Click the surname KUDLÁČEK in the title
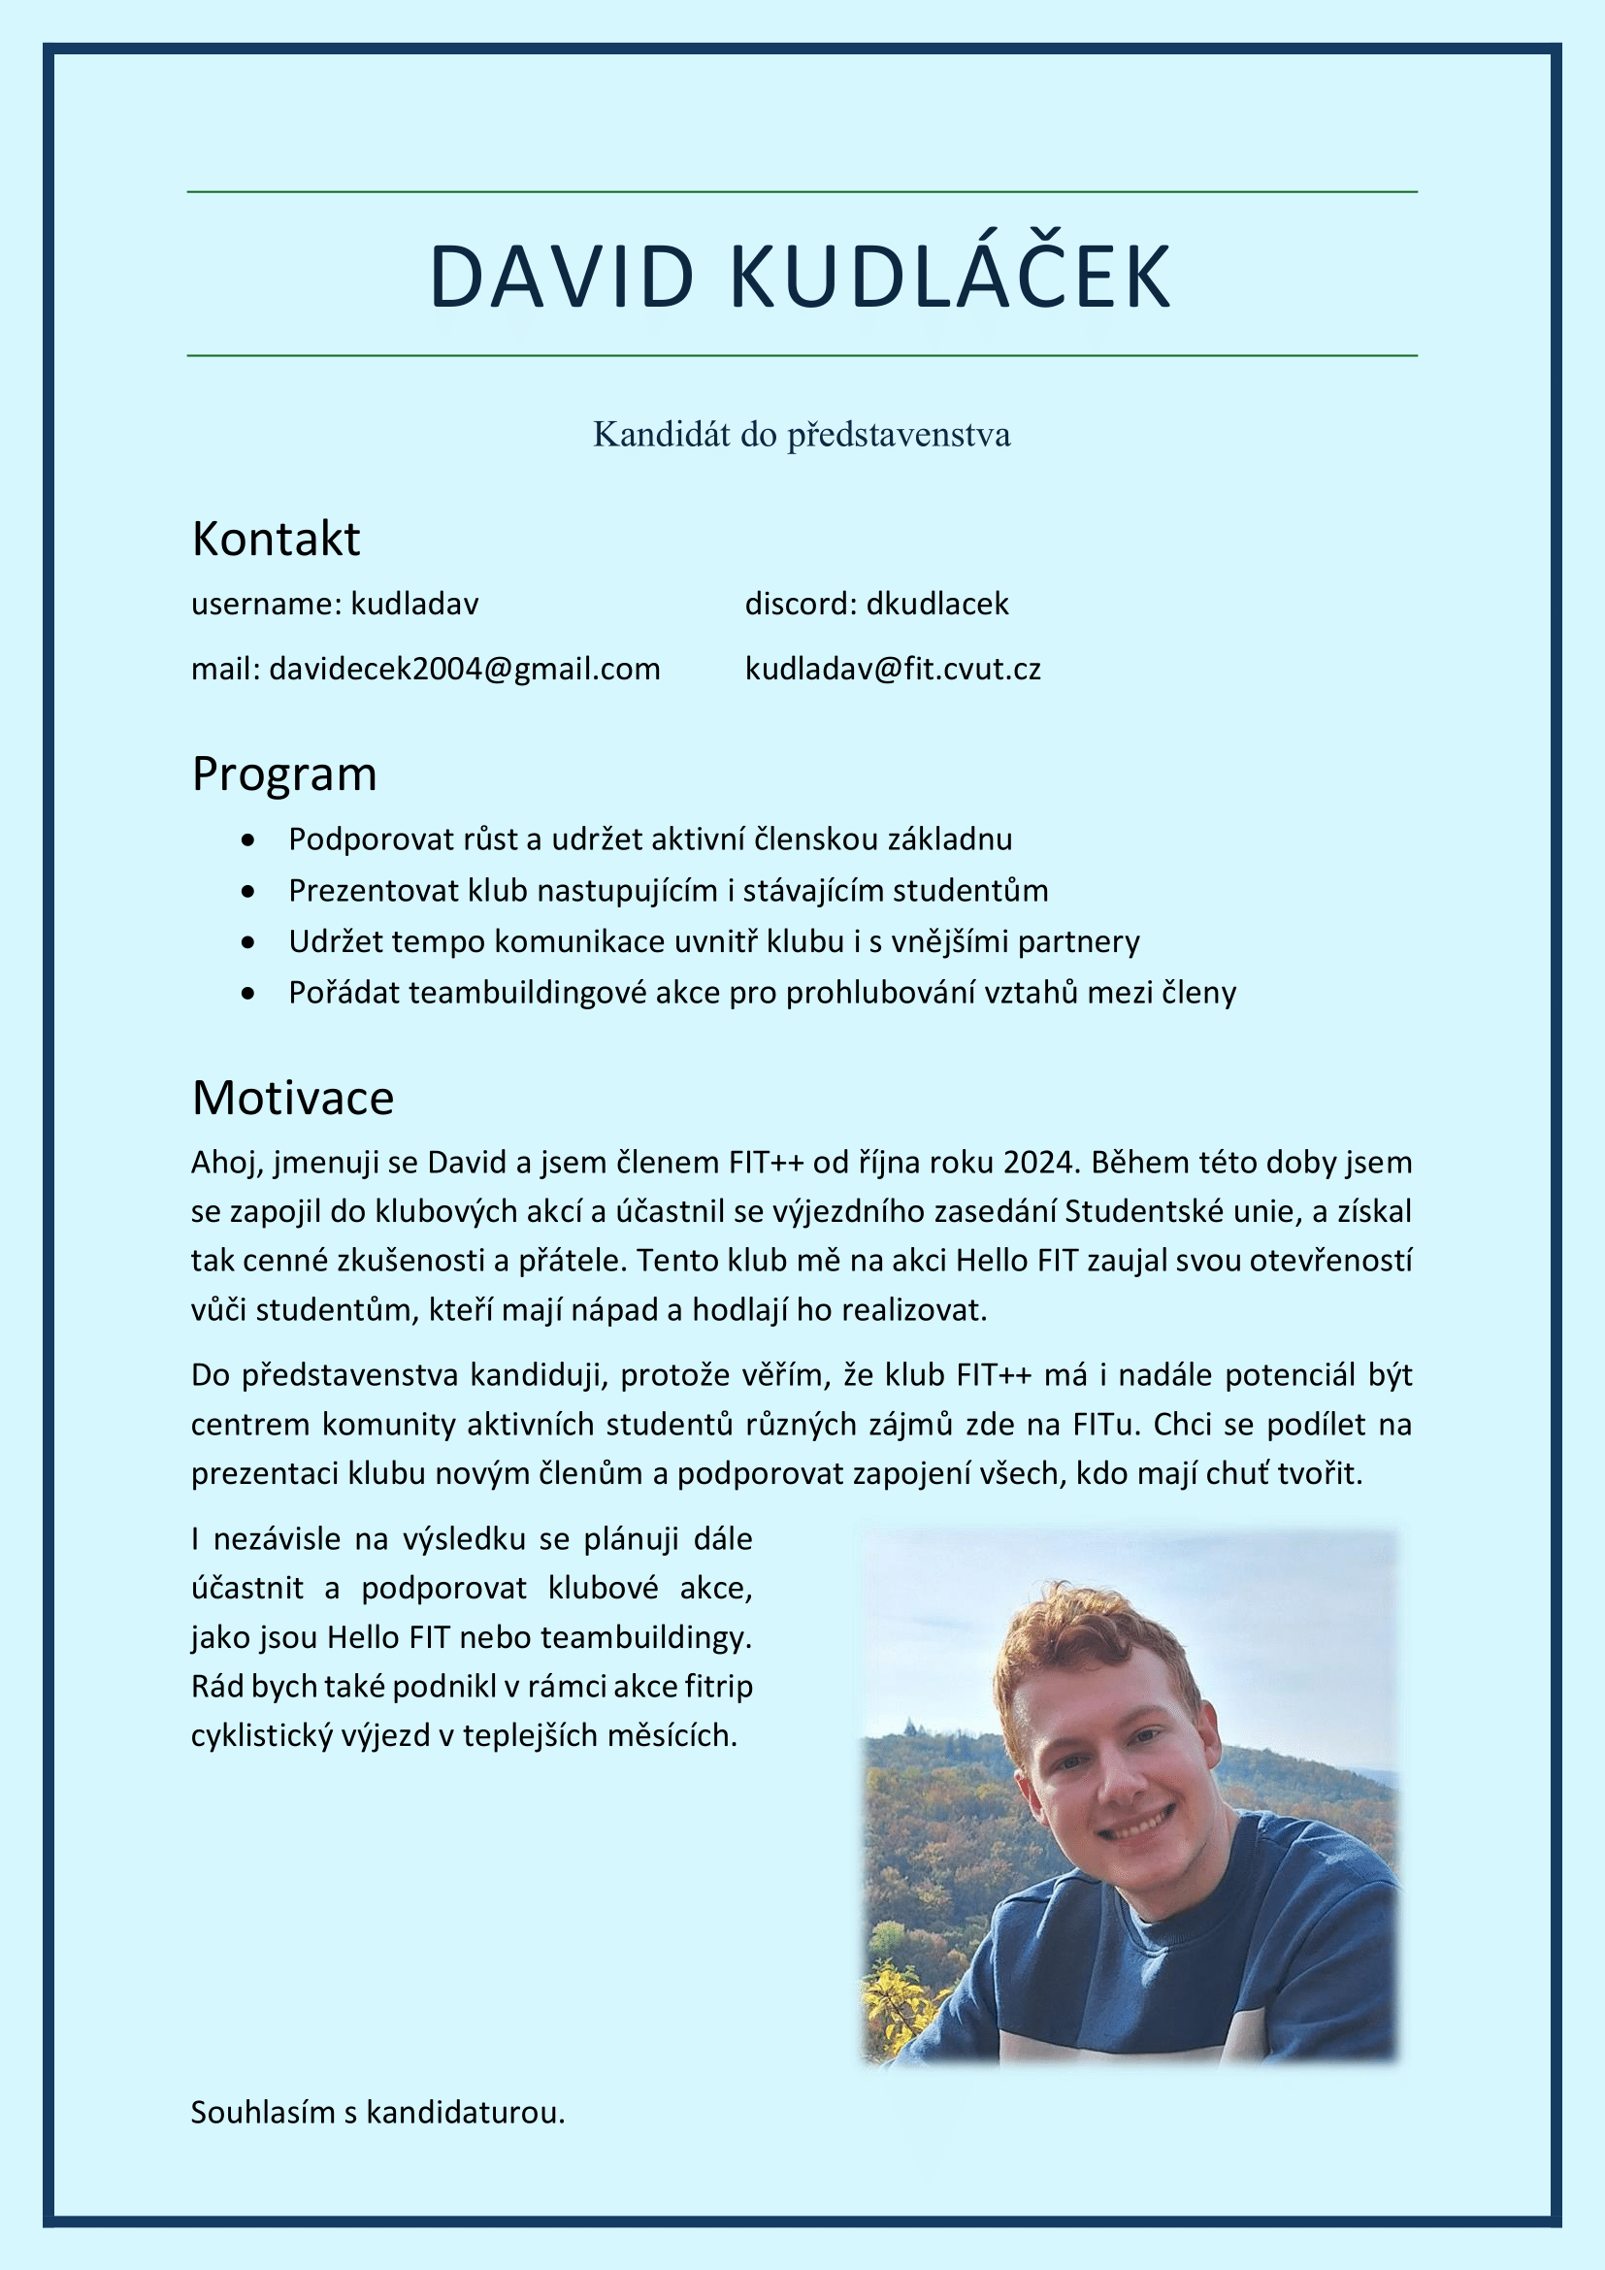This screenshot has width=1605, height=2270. (951, 277)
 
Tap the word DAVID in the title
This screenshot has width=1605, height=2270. (563, 277)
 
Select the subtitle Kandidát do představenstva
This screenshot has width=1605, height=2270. (802, 434)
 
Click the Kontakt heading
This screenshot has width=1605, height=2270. (276, 540)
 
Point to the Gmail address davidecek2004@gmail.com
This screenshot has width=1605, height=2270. (465, 670)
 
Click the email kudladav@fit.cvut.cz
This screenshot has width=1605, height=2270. (893, 670)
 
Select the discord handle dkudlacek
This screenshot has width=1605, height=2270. (937, 604)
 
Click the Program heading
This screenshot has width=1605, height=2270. (284, 774)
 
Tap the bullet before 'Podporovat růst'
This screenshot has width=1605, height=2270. (248, 840)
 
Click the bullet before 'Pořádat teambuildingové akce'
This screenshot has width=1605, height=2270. (248, 994)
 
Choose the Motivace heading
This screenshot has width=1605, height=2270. (292, 1099)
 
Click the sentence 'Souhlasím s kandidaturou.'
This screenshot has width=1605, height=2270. (377, 2113)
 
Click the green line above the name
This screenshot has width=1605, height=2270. (802, 192)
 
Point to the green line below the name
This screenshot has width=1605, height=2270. (802, 355)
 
